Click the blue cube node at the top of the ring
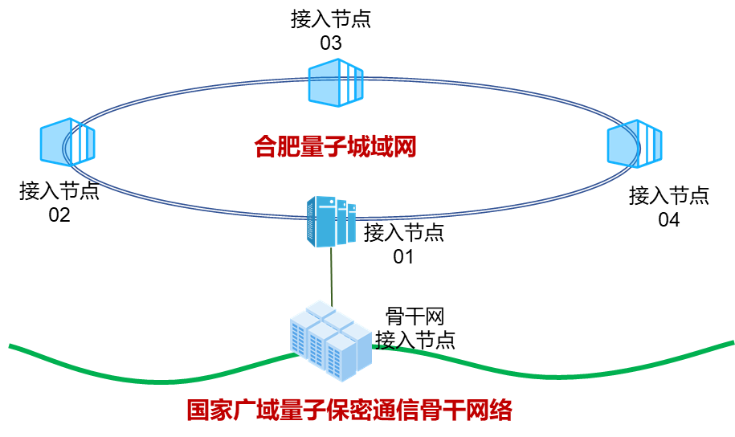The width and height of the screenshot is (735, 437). tap(336, 82)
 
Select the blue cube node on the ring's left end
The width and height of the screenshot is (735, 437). tap(67, 142)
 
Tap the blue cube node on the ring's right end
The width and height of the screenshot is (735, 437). tap(635, 144)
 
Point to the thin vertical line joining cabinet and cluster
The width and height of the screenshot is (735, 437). tap(331, 273)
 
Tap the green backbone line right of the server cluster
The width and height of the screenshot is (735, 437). tap(562, 375)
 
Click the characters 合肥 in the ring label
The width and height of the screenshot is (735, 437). tap(277, 147)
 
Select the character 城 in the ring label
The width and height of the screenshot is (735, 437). tap(358, 147)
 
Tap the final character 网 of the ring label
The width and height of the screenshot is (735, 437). tap(404, 147)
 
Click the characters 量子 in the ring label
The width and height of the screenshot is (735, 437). tap(323, 147)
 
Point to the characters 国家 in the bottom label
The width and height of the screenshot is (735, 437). tap(210, 410)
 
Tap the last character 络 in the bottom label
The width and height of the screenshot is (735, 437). tap(500, 410)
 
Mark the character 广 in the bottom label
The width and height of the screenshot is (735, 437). tap(245, 410)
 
